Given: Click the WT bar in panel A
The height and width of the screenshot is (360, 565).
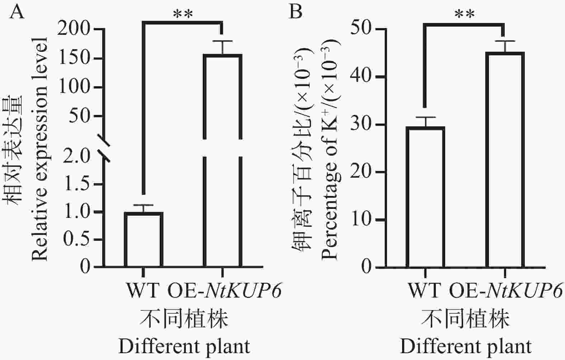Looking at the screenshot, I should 143,239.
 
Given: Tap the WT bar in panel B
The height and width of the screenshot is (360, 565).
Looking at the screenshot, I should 426,197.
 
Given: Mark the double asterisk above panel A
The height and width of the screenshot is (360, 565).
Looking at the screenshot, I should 183,15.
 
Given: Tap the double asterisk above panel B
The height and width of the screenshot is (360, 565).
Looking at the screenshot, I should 465,15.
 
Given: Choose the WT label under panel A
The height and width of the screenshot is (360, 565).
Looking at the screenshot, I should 143,291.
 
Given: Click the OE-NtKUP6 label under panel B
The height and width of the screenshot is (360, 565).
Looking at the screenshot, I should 505,291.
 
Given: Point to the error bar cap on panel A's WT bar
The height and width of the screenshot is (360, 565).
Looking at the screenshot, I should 143,205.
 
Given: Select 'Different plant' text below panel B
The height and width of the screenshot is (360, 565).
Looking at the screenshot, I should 466,347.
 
